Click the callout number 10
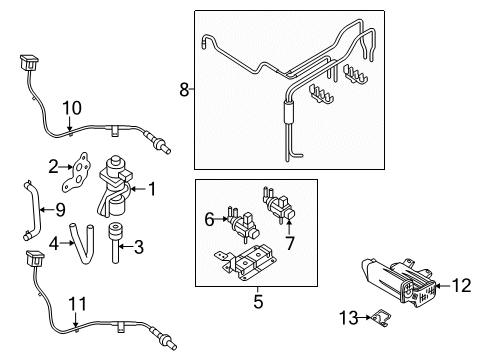(72, 108)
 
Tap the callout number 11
(77, 304)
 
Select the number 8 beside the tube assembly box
(184, 89)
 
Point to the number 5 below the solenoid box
(258, 301)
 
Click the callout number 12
(461, 286)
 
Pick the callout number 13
(348, 318)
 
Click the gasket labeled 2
(76, 172)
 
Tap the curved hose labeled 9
(32, 210)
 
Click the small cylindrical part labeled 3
(115, 242)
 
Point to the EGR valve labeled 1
(114, 187)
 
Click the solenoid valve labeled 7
(279, 203)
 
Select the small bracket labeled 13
(382, 317)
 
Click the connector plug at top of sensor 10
(29, 63)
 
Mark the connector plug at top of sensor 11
(35, 258)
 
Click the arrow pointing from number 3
(126, 247)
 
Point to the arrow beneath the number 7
(289, 225)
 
